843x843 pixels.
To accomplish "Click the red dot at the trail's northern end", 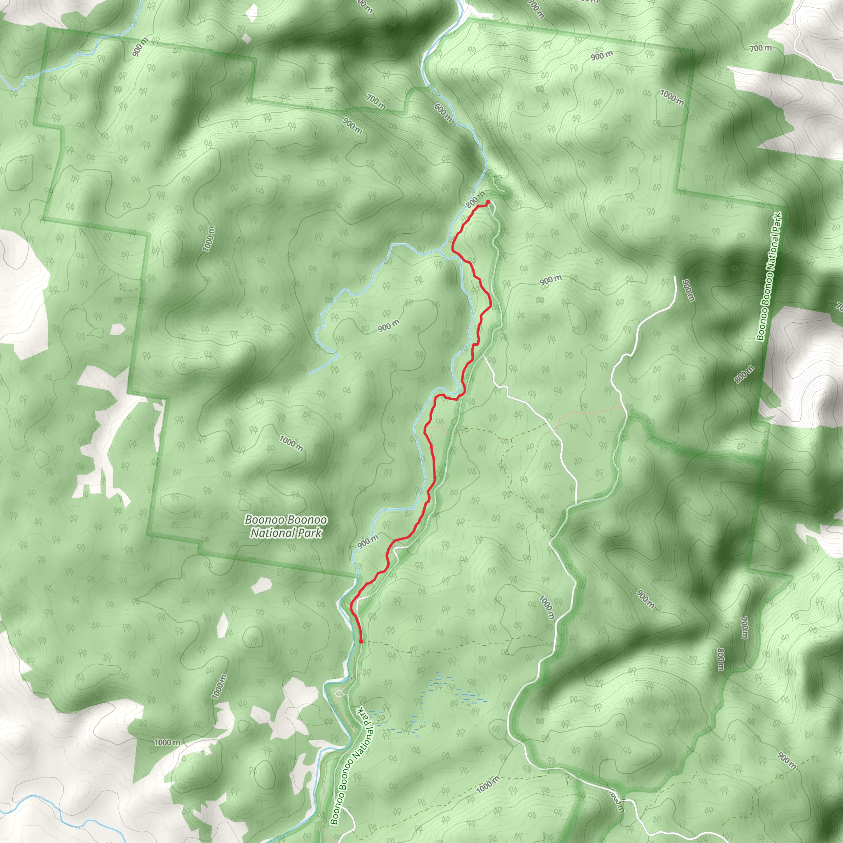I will tap(488, 202).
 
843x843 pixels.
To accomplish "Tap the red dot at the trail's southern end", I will tap(361, 641).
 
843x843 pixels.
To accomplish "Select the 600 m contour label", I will tap(443, 112).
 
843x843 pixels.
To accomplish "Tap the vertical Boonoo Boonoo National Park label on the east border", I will tap(770, 276).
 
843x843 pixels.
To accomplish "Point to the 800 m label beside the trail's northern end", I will tap(475, 199).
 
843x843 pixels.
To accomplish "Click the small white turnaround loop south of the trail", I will tap(340, 693).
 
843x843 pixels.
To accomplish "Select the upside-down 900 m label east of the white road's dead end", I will tap(688, 290).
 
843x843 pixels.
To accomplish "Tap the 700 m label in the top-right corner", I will tap(761, 48).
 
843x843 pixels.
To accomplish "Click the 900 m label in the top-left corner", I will tap(140, 47).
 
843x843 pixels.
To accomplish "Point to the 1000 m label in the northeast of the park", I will tap(672, 97).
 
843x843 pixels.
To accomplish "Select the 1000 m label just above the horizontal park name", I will tap(291, 443).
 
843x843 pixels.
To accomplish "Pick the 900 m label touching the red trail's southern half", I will tap(368, 541).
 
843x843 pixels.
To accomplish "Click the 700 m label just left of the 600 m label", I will tap(376, 102).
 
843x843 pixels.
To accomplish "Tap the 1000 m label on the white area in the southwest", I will tap(167, 742).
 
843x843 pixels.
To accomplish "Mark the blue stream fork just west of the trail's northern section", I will tap(442, 251).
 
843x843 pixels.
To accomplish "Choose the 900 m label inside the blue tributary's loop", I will tap(388, 325).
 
